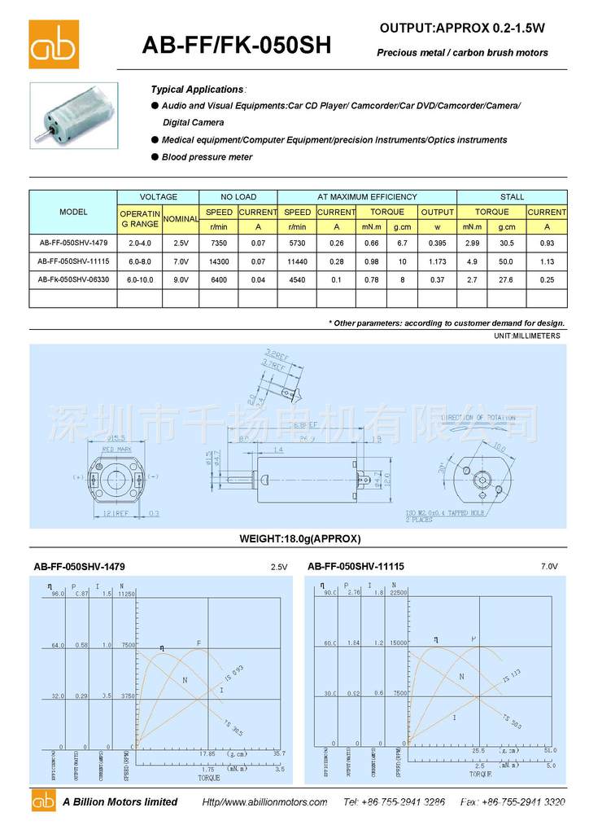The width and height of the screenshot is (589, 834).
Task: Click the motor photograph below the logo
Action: pyautogui.click(x=74, y=114)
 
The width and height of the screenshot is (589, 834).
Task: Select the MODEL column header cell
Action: pyautogui.click(x=73, y=212)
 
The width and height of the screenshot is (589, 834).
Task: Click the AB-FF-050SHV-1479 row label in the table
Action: pyautogui.click(x=73, y=243)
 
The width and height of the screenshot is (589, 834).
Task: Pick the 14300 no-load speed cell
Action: pyautogui.click(x=219, y=261)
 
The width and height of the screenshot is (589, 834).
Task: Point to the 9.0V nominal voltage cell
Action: pyautogui.click(x=181, y=279)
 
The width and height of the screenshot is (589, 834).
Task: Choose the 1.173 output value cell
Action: pyautogui.click(x=437, y=261)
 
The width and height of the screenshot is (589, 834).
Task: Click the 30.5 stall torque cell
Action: pyautogui.click(x=506, y=243)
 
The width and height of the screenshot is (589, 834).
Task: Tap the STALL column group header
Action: pyautogui.click(x=512, y=196)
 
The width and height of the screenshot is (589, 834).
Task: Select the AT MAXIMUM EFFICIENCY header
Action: pyautogui.click(x=367, y=196)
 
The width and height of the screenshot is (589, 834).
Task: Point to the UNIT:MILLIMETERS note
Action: pyautogui.click(x=526, y=336)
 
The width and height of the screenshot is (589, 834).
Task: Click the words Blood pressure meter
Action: pyautogui.click(x=207, y=157)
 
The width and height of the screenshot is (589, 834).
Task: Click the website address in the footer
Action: pyautogui.click(x=264, y=802)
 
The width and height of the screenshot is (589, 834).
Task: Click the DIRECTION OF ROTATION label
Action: pyautogui.click(x=478, y=418)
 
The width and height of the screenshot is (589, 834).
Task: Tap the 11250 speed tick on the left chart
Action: pyautogui.click(x=126, y=595)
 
